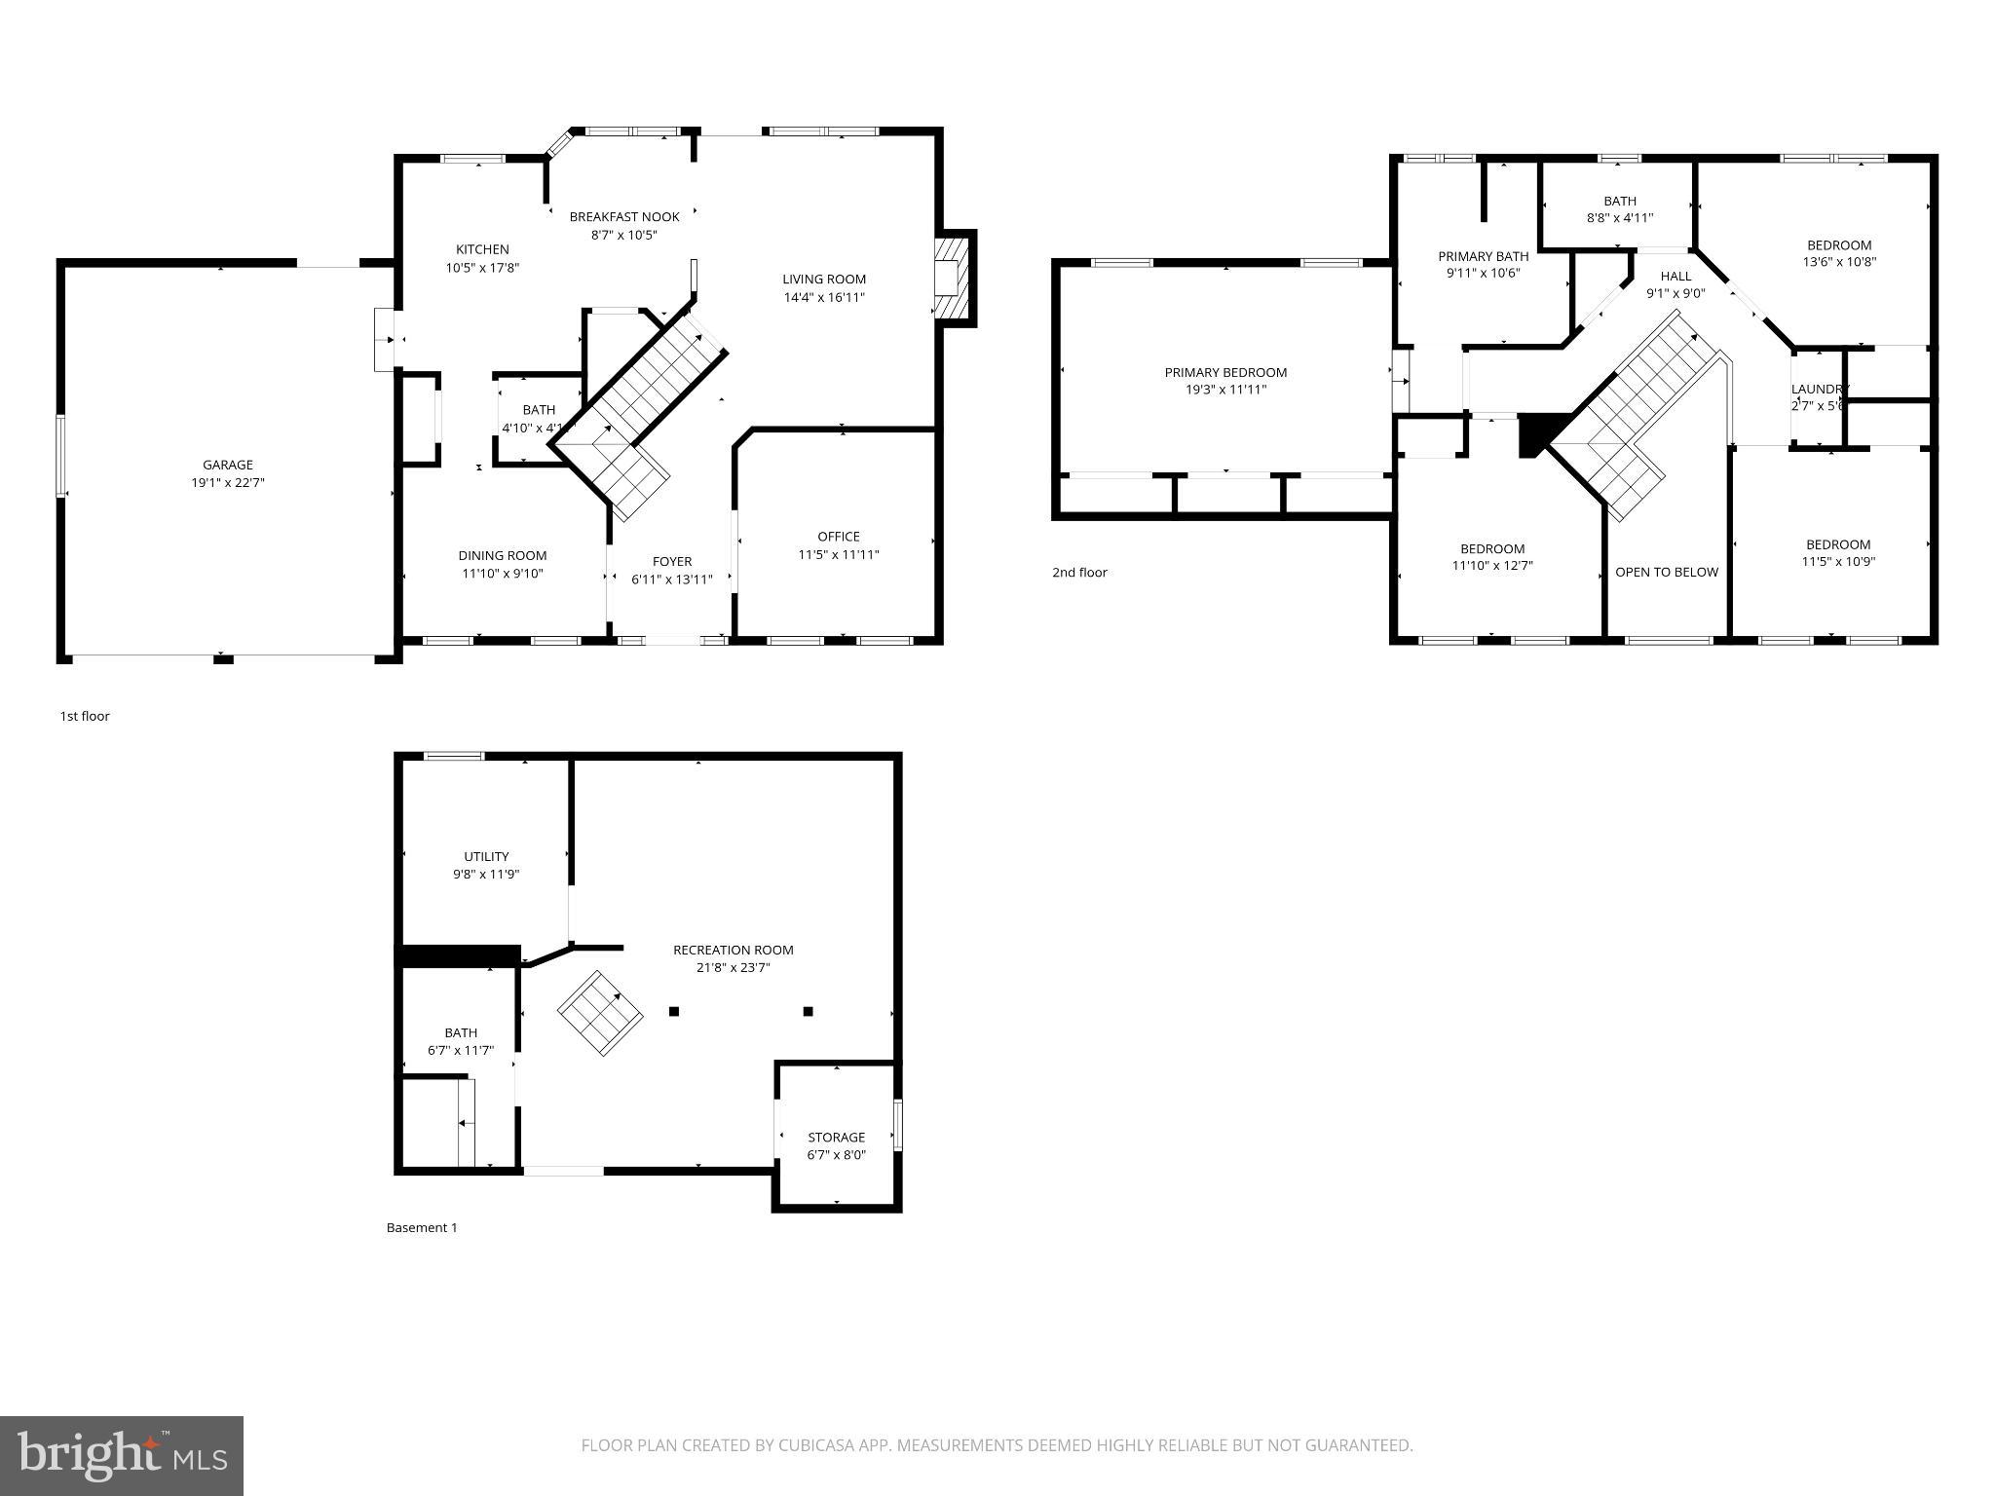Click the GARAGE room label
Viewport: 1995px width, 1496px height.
[x=228, y=465]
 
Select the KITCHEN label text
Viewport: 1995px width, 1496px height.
[x=482, y=249]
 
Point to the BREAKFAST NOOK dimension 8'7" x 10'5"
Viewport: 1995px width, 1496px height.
[x=623, y=235]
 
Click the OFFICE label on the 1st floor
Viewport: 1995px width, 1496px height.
[x=838, y=537]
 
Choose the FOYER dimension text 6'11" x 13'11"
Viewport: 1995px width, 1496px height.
[x=671, y=580]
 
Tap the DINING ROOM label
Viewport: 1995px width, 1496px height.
[x=502, y=556]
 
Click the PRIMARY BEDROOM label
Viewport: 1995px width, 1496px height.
[x=1225, y=372]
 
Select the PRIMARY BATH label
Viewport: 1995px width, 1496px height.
[x=1483, y=256]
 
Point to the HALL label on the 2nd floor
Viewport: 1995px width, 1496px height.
[x=1675, y=276]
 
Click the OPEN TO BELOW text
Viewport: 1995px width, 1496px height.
[x=1666, y=572]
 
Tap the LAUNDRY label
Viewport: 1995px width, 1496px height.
[x=1819, y=389]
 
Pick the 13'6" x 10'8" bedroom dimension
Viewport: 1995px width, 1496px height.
[x=1839, y=262]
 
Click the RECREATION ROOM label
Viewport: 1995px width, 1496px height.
[x=733, y=950]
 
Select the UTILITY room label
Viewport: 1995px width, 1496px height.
[x=485, y=857]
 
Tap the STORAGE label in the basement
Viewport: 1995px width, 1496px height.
[x=836, y=1137]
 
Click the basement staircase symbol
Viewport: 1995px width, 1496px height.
[x=599, y=1013]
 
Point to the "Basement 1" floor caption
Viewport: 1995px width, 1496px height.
[x=421, y=1227]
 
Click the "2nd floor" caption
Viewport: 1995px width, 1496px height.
[x=1079, y=573]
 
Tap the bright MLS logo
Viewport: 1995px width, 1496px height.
[x=122, y=1454]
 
